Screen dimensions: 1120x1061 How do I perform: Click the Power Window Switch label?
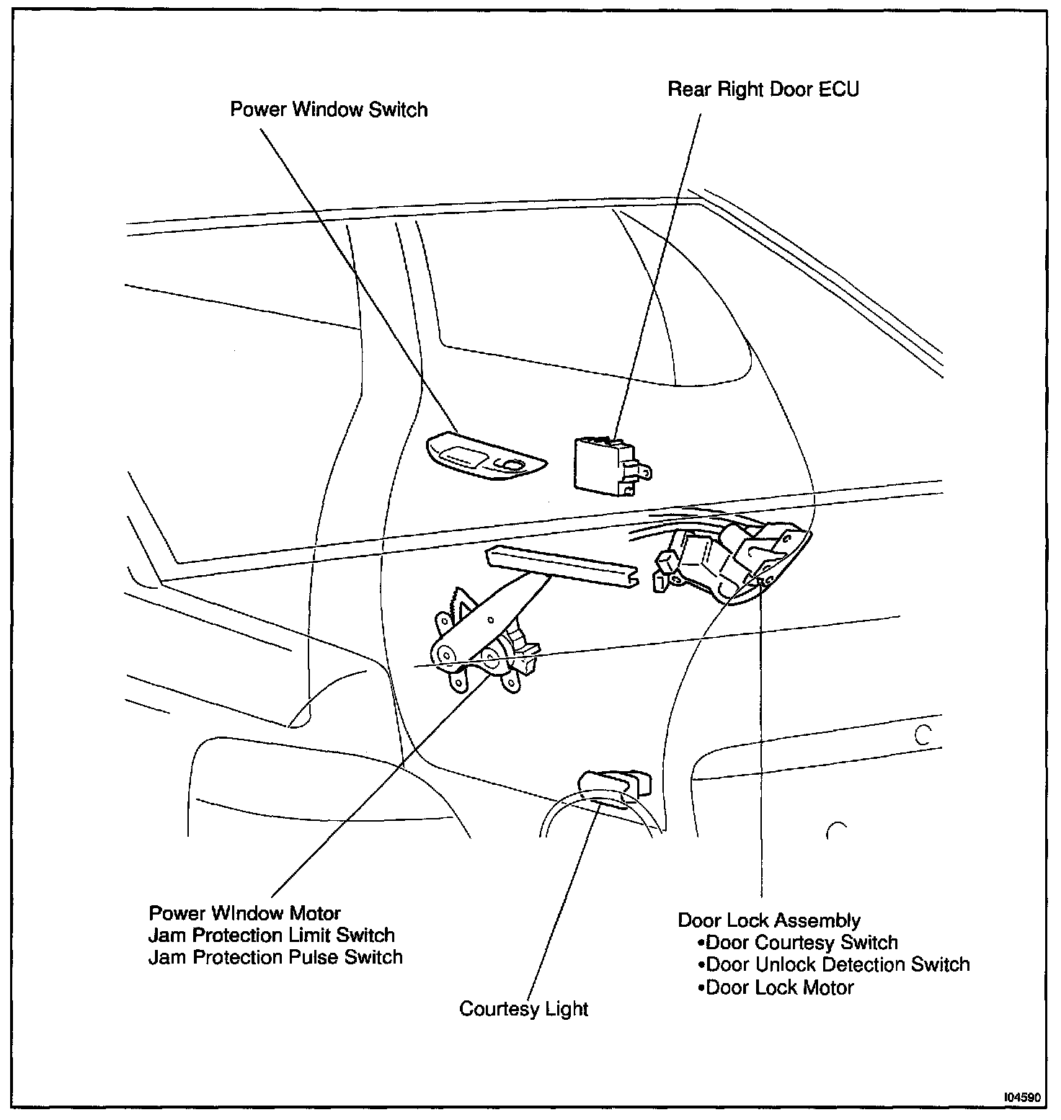pos(329,110)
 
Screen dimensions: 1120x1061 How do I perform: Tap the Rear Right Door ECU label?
pos(763,89)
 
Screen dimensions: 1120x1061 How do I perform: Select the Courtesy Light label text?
pos(523,1008)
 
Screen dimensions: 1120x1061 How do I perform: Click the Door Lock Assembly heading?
pos(769,920)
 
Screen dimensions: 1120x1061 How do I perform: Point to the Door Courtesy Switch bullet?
pos(798,943)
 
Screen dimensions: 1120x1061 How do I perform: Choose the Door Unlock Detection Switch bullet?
pos(834,964)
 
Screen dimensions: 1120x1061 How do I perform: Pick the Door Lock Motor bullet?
pos(776,987)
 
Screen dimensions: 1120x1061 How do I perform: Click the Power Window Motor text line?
pos(245,912)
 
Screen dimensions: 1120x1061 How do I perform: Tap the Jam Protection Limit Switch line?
pos(272,935)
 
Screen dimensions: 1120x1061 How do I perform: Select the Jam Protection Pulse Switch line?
pos(275,957)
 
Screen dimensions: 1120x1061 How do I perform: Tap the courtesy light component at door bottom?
pos(613,786)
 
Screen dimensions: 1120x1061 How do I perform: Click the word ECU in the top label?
pos(839,89)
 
